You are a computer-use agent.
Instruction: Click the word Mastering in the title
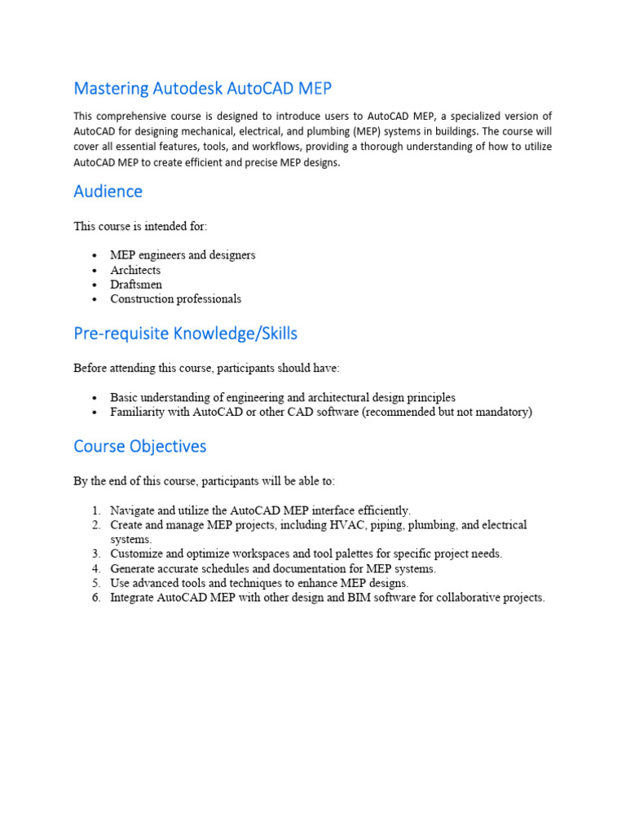(109, 88)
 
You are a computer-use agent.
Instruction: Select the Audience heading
(108, 192)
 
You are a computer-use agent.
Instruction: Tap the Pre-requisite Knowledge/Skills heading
(185, 334)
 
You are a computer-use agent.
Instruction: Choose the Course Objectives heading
(139, 447)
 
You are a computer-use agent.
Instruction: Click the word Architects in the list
(135, 270)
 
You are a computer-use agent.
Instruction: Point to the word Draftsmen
(136, 285)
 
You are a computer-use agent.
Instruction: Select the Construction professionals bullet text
(175, 299)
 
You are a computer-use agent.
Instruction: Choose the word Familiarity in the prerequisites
(138, 413)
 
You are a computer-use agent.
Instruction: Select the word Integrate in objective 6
(133, 598)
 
